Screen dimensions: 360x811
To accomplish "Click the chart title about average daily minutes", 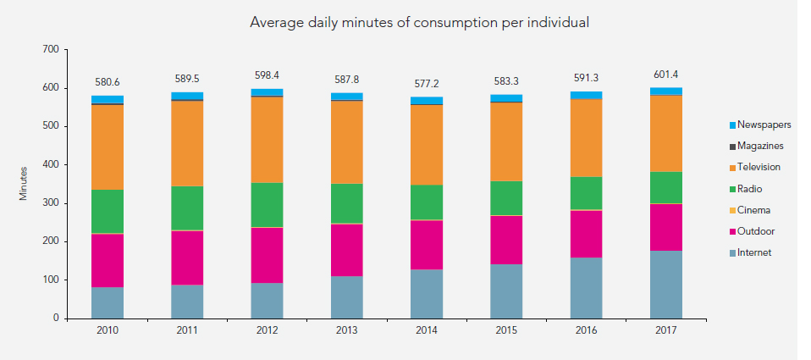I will (419, 22).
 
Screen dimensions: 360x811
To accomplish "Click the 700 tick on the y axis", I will (49, 50).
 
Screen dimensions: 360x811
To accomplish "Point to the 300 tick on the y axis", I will (49, 203).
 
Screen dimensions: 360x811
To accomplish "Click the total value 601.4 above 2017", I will (665, 75).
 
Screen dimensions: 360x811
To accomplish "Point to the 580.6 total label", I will (107, 82).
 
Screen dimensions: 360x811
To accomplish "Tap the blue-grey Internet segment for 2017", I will (665, 284).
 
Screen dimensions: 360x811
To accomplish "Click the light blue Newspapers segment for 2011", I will (187, 96).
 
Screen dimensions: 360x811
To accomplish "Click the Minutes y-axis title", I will (24, 184).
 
